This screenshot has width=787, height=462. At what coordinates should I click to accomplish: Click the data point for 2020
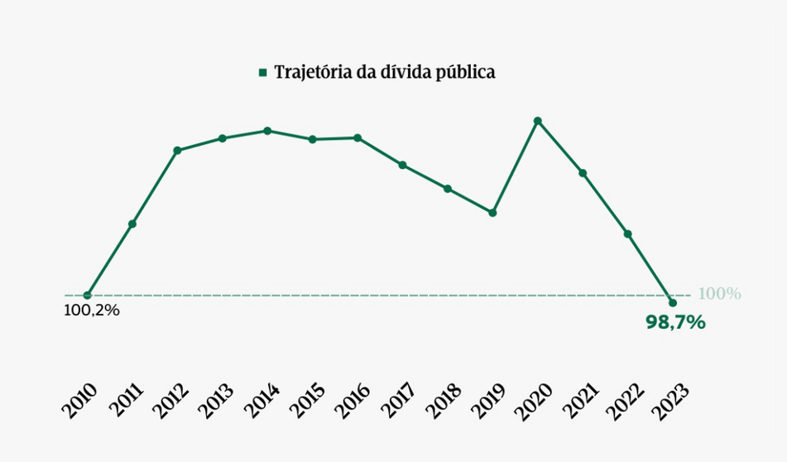pos(538,121)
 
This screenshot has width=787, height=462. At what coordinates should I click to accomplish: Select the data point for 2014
pos(267,131)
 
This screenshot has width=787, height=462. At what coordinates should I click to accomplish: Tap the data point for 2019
pos(492,213)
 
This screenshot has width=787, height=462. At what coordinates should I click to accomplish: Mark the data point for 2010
pos(87,296)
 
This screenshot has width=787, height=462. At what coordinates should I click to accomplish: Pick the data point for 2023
pos(673,303)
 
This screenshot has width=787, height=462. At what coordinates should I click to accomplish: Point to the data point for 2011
pos(132,224)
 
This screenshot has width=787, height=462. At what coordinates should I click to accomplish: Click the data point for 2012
pos(177,151)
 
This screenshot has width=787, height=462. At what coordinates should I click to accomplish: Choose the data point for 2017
pos(402,165)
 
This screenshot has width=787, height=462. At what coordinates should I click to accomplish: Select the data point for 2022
pos(628,234)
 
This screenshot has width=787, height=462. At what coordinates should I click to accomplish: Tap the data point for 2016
pos(358,137)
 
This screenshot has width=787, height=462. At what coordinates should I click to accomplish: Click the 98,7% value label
pos(675,323)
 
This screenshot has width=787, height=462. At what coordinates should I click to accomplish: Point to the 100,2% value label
pos(92,311)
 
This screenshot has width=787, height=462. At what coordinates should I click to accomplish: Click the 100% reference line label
pos(719,294)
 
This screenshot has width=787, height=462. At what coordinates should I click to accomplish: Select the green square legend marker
pos(262,73)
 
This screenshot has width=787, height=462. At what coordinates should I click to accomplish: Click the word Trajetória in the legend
pos(310,73)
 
